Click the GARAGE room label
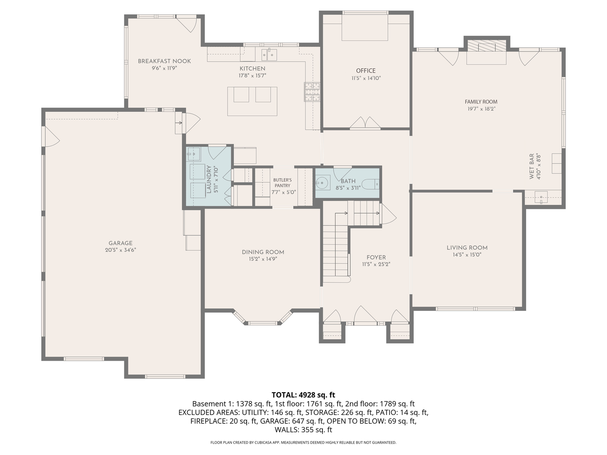(121, 243)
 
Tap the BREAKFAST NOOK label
(164, 61)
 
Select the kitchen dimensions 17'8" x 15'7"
(252, 76)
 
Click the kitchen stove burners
(312, 92)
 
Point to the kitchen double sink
(269, 54)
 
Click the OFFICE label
(365, 71)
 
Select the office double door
(365, 122)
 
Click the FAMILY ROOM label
(481, 102)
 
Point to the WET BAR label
(532, 166)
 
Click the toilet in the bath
(371, 183)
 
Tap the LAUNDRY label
(209, 179)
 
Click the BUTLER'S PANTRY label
(282, 183)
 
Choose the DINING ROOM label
(263, 252)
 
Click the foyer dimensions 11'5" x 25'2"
(376, 265)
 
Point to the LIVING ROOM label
(467, 248)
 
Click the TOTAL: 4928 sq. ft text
(303, 395)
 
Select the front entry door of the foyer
(365, 315)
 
